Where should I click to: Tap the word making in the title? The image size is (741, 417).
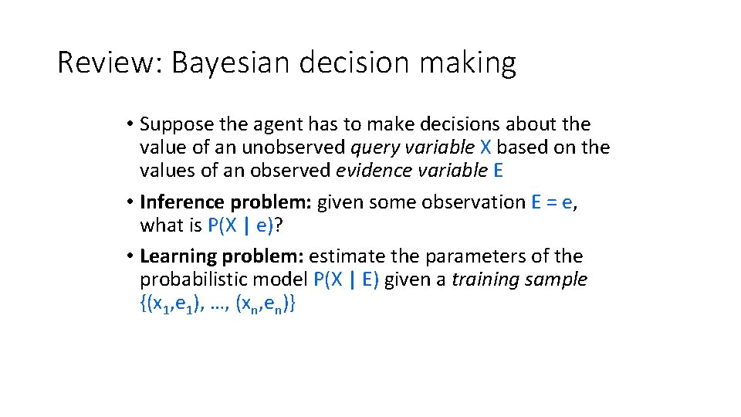(x=467, y=63)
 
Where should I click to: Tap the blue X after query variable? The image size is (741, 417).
(x=485, y=147)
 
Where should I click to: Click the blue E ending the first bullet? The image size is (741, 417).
(x=497, y=170)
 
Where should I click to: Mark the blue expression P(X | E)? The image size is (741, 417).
(x=346, y=280)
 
